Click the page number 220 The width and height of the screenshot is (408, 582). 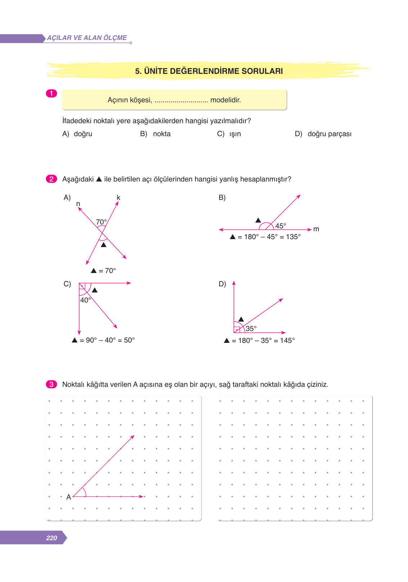(x=51, y=538)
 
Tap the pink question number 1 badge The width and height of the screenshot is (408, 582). (x=51, y=94)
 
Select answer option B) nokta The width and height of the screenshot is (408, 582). (x=155, y=134)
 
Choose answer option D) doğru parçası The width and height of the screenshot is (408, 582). (x=323, y=134)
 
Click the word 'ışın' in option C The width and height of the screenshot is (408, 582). (x=235, y=134)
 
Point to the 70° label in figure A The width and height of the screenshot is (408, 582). (x=101, y=222)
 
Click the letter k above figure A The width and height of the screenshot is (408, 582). (x=118, y=197)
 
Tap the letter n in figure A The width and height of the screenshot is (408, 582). (x=78, y=204)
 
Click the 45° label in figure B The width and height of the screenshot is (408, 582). (x=281, y=226)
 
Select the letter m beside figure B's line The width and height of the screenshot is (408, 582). (x=316, y=229)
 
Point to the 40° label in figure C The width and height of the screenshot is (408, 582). (x=86, y=300)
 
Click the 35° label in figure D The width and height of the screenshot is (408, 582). (x=251, y=328)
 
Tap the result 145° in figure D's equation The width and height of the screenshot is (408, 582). (x=287, y=340)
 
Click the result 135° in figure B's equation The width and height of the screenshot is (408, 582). (x=293, y=237)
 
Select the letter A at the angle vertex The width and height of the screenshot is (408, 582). (x=69, y=497)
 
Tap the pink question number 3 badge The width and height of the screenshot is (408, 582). (x=51, y=384)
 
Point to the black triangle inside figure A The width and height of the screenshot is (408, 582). (x=104, y=245)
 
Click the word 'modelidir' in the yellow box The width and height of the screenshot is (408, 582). (x=225, y=100)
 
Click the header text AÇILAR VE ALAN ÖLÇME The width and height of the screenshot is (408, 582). (x=87, y=38)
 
